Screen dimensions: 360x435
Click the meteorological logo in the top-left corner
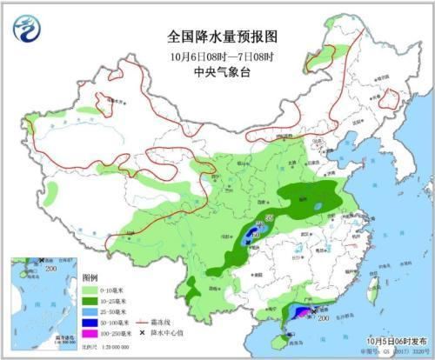pyautogui.click(x=26, y=28)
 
